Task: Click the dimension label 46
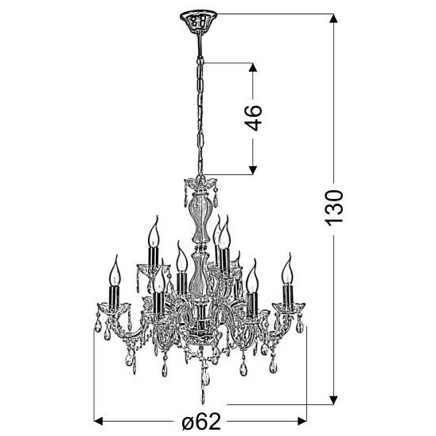(255, 118)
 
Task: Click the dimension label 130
(334, 208)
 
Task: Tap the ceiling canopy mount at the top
(198, 21)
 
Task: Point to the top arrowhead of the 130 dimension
(333, 18)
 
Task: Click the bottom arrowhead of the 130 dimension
(333, 400)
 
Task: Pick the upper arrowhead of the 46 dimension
(253, 68)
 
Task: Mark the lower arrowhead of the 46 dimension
(253, 170)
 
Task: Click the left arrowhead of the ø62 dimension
(99, 421)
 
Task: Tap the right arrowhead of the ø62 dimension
(302, 421)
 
